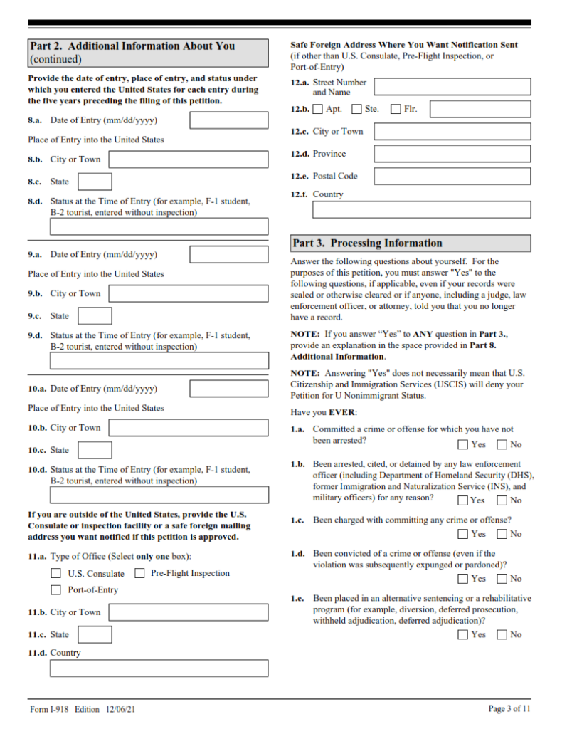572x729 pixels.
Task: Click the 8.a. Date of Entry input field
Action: point(228,120)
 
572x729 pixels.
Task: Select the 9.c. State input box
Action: point(95,316)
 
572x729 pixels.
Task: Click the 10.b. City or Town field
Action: point(189,428)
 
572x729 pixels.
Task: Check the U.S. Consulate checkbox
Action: point(55,573)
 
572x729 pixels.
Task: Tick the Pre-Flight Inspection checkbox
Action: point(139,573)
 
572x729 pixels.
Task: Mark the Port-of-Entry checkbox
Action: point(55,590)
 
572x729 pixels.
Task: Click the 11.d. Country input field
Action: point(159,668)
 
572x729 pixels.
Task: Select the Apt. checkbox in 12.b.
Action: point(317,109)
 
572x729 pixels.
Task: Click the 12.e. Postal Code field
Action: point(452,176)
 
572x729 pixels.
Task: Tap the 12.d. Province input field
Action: point(452,154)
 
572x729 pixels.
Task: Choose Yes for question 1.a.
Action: point(463,445)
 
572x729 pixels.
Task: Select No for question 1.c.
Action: point(502,534)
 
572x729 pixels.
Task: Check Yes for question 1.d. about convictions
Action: point(463,579)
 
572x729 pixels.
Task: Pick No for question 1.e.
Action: point(502,634)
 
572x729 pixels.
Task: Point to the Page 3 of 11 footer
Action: point(509,708)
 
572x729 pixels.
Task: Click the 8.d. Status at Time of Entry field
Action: point(159,226)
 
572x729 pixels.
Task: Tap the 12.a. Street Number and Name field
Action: point(452,87)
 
